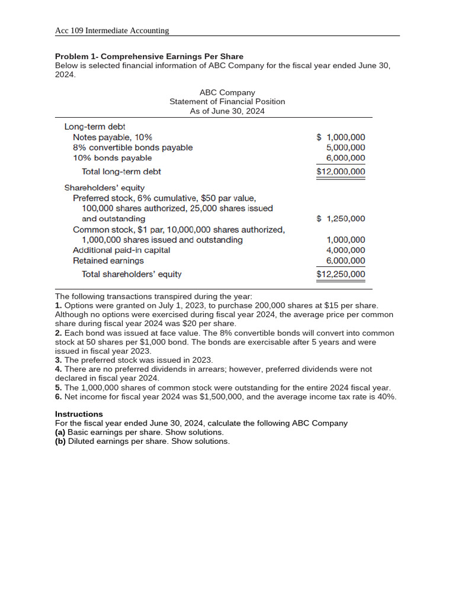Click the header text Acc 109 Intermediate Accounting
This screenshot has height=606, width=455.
point(112,31)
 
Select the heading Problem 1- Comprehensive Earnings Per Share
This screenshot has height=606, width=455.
point(149,57)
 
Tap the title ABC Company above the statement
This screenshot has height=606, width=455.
point(227,92)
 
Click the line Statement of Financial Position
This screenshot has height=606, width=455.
point(227,102)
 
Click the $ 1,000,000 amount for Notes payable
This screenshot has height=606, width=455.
point(341,137)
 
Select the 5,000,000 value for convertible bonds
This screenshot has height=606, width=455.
point(346,147)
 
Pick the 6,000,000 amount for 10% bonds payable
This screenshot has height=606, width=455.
point(346,158)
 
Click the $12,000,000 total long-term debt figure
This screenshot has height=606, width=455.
point(341,172)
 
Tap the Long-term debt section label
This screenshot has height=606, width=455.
point(95,127)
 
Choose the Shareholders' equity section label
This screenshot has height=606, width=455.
point(104,188)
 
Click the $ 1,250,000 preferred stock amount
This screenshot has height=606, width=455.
point(341,219)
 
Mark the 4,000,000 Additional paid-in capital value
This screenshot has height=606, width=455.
point(346,250)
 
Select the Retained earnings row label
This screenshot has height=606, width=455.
point(108,261)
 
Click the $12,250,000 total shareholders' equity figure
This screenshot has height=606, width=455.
point(341,275)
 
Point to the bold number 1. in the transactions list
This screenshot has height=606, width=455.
point(58,305)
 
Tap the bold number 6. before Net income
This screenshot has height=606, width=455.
point(58,397)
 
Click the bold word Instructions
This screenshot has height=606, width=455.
point(79,414)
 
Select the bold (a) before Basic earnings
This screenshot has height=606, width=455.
point(60,433)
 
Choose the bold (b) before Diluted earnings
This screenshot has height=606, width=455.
point(60,441)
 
